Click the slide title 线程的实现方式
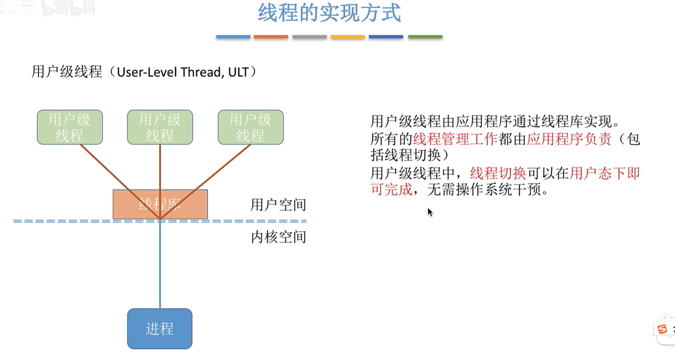329,13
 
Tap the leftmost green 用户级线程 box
70,127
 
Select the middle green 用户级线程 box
160,127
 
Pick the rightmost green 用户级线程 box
251,127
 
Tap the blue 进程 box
160,328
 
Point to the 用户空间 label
278,205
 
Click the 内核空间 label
278,237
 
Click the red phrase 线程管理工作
455,139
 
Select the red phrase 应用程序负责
569,139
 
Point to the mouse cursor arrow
430,212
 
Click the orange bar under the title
271,37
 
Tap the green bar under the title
425,37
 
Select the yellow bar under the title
348,37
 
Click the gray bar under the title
309,37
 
